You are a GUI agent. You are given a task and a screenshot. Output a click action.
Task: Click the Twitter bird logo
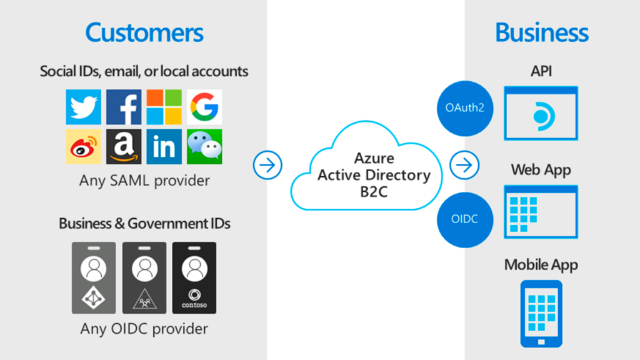[84, 107]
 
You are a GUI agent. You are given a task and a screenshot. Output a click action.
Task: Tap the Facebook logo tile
[124, 107]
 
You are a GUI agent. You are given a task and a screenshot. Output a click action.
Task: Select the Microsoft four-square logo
[164, 107]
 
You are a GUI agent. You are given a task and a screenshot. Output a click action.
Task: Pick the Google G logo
[204, 107]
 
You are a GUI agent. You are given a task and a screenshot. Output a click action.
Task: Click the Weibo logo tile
[84, 147]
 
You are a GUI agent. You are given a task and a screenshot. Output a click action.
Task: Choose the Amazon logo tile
[124, 147]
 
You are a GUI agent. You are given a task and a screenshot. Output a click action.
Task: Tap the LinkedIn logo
[164, 147]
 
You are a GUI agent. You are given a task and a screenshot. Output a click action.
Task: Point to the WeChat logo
[204, 147]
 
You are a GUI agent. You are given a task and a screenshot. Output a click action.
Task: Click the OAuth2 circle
[465, 107]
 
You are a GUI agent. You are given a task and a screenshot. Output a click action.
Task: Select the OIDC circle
[465, 219]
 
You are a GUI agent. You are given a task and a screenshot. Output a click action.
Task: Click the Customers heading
[144, 32]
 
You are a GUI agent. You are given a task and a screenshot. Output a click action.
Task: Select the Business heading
[542, 32]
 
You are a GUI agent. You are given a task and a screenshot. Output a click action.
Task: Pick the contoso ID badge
[194, 277]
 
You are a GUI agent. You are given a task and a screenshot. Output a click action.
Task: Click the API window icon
[541, 113]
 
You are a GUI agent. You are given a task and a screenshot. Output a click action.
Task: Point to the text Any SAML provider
[144, 181]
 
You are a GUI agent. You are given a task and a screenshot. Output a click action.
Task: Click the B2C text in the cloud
[374, 191]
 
